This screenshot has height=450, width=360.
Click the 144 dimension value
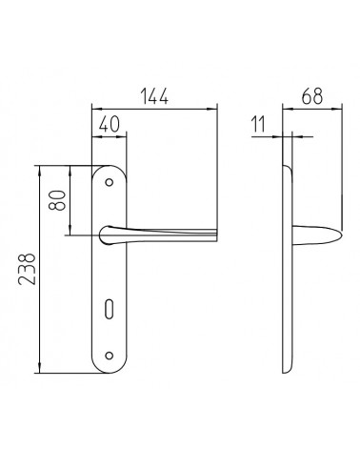(x=154, y=96)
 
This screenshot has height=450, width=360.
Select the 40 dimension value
(x=110, y=124)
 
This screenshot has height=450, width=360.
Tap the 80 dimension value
(x=57, y=200)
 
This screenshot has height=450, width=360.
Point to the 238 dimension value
(x=27, y=269)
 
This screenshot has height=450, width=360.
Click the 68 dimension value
(x=312, y=96)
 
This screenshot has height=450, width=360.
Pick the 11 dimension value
(x=258, y=124)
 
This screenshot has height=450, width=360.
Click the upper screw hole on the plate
(x=110, y=182)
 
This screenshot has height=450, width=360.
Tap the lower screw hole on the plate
(x=110, y=356)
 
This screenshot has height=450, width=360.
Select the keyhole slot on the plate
(x=109, y=308)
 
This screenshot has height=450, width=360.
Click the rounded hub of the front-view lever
(x=106, y=235)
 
